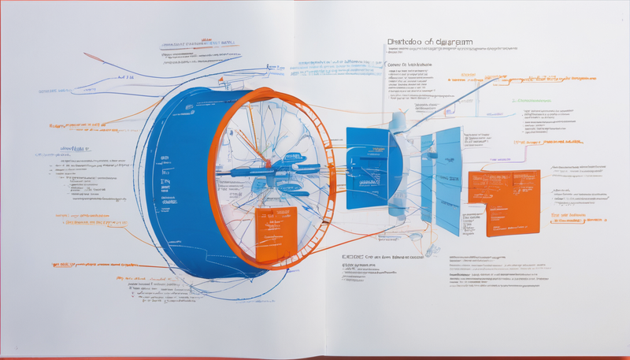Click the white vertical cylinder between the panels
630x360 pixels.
point(397,158)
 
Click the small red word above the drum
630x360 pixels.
point(207,38)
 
